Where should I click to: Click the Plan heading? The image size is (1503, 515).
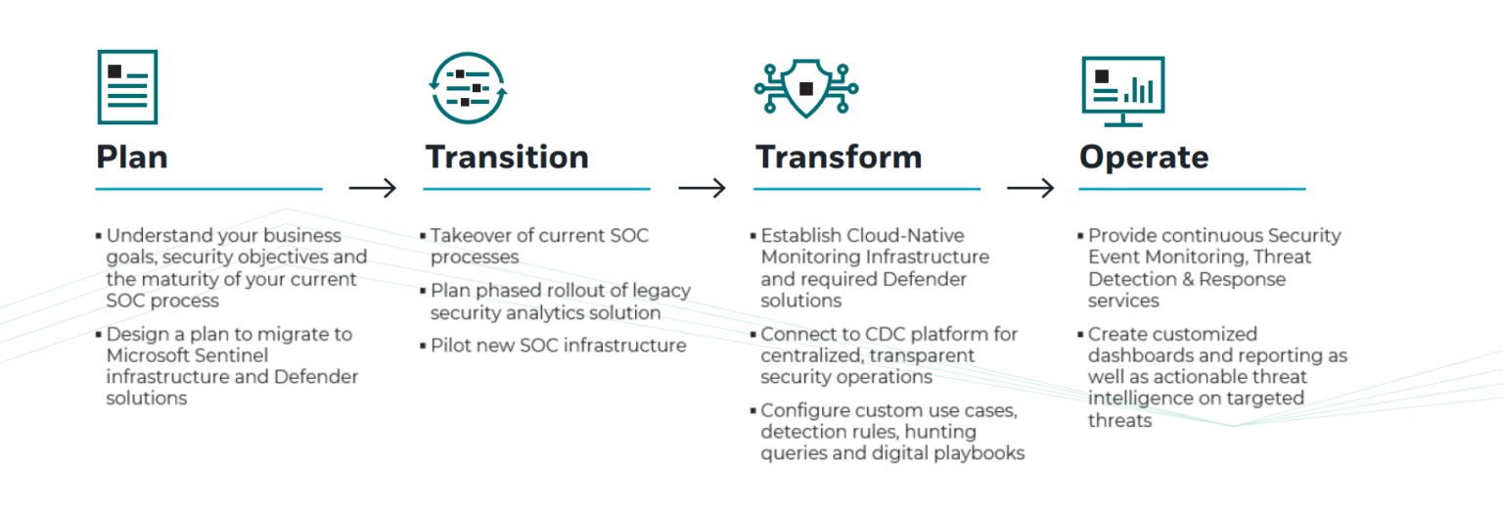click(132, 157)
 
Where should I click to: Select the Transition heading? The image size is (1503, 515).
click(507, 157)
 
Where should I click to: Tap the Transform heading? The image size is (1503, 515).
click(838, 157)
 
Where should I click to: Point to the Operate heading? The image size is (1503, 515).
click(1144, 157)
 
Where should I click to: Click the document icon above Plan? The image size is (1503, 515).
click(127, 86)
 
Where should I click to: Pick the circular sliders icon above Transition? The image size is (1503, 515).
click(469, 87)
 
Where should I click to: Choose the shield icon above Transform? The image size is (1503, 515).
click(805, 87)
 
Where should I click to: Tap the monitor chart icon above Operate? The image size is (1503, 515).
click(1122, 90)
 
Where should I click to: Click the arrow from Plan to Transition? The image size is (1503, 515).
click(373, 188)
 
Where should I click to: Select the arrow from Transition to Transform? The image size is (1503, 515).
click(702, 188)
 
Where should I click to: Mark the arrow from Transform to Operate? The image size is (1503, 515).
click(1030, 188)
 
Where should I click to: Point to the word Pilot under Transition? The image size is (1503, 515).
click(451, 346)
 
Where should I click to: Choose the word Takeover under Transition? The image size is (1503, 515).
click(470, 236)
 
